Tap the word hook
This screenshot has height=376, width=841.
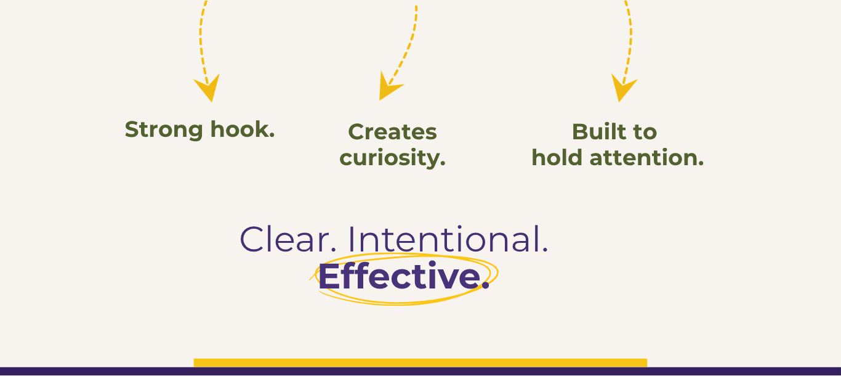pyautogui.click(x=243, y=129)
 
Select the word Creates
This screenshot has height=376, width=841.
pyautogui.click(x=392, y=132)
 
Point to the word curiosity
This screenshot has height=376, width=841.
pyautogui.click(x=392, y=158)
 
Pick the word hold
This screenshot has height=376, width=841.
pyautogui.click(x=558, y=158)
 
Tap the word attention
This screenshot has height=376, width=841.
pyautogui.click(x=646, y=158)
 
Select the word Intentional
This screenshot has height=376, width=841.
pyautogui.click(x=448, y=240)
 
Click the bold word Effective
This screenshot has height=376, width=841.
pyautogui.click(x=399, y=277)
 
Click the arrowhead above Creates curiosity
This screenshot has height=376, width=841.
pyautogui.click(x=388, y=88)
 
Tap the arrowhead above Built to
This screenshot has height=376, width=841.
pyautogui.click(x=622, y=89)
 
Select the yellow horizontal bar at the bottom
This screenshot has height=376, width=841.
pyautogui.click(x=420, y=362)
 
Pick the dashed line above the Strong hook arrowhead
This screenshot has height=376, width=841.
pyautogui.click(x=201, y=37)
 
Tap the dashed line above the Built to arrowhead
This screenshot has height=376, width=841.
pyautogui.click(x=630, y=37)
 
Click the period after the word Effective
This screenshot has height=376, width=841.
pyautogui.click(x=485, y=287)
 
